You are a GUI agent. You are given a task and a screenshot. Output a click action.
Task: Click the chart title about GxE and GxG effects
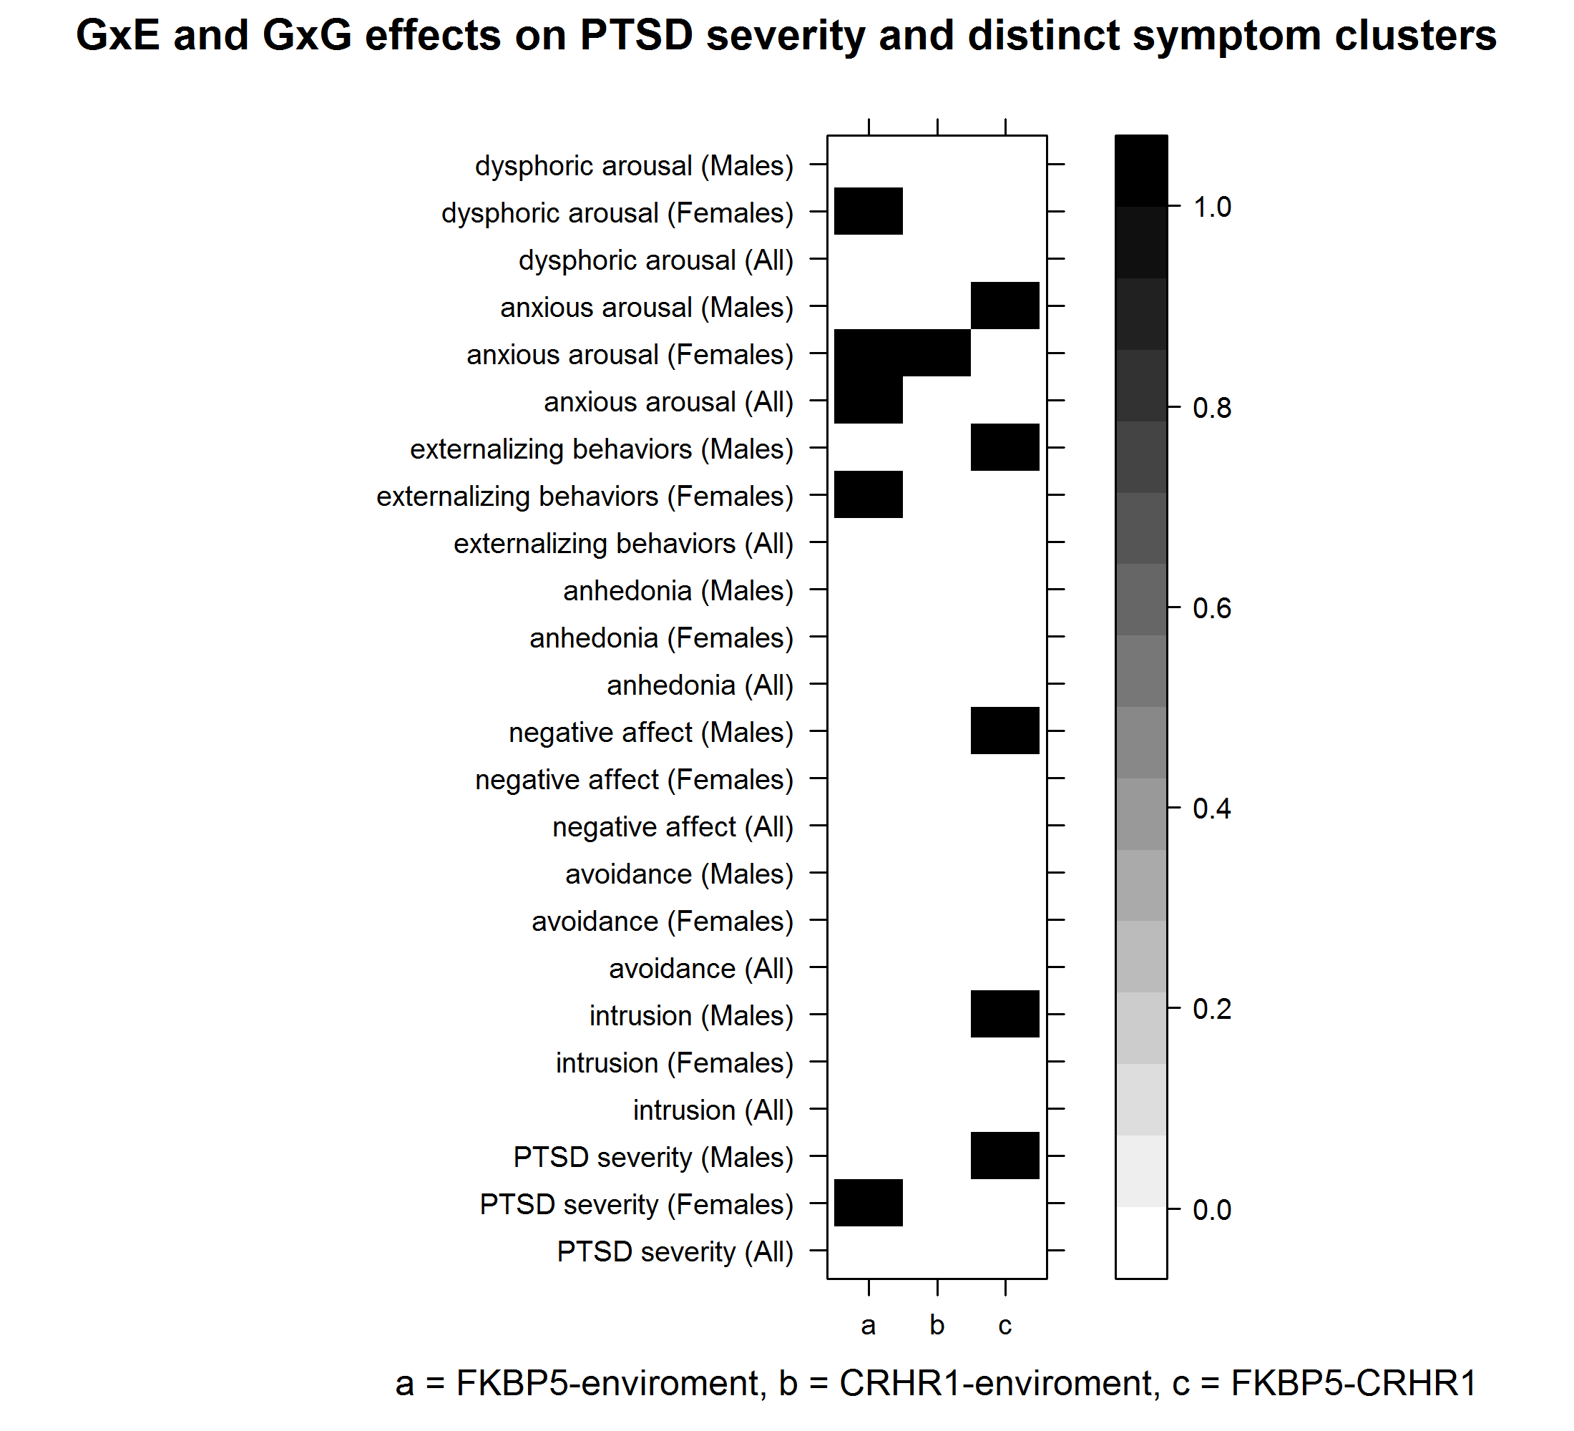click(786, 36)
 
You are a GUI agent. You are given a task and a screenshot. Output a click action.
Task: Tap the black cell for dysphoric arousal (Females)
click(868, 211)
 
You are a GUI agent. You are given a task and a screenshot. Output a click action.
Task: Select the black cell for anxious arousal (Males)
click(1004, 306)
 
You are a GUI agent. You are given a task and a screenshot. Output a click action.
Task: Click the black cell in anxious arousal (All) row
click(868, 401)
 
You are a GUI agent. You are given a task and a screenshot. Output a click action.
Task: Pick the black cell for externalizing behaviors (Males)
click(1004, 447)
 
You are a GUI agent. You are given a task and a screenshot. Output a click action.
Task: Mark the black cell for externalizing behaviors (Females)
click(868, 494)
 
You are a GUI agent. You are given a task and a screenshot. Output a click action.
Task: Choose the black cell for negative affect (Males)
click(1004, 731)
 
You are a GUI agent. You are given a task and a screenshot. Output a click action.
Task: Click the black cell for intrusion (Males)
click(1004, 1014)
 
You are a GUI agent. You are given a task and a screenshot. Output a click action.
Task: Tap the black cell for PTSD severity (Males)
click(1004, 1156)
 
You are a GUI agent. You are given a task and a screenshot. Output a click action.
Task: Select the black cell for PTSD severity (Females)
click(868, 1203)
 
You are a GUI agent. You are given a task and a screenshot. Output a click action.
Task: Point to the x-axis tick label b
click(937, 1325)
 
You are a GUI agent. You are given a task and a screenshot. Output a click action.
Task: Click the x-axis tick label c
click(1004, 1325)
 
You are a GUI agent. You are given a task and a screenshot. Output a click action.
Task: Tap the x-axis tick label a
click(868, 1325)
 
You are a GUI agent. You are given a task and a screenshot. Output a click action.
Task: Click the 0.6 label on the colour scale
click(1212, 608)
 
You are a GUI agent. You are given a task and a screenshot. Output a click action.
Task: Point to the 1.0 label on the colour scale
click(1212, 207)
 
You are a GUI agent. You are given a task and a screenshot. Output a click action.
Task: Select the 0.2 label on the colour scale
click(1212, 1009)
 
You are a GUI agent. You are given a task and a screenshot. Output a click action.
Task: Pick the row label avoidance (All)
click(700, 969)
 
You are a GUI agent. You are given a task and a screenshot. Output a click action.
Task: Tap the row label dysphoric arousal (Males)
click(634, 166)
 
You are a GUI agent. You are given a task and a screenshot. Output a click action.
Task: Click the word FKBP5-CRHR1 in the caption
click(1354, 1383)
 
